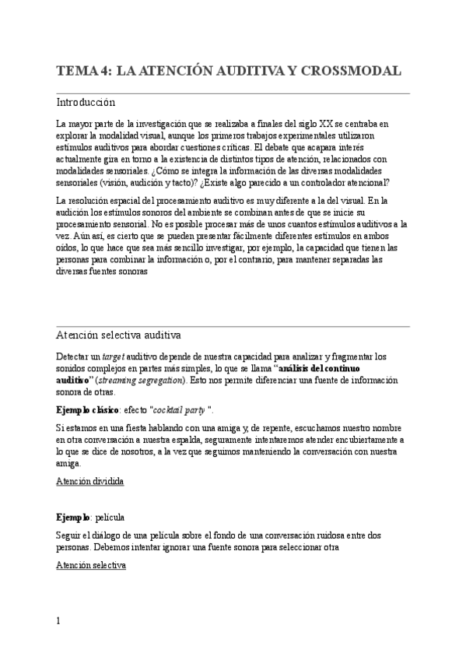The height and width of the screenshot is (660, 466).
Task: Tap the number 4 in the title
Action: click(104, 71)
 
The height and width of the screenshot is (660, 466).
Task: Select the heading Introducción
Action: click(86, 102)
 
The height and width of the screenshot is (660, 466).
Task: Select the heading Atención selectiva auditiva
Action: click(118, 335)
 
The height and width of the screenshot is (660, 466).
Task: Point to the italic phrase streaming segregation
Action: click(140, 380)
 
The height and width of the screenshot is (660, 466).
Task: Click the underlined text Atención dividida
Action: click(90, 482)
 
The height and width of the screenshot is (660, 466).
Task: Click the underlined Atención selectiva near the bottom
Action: click(90, 567)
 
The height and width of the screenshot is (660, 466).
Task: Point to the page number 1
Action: click(58, 623)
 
